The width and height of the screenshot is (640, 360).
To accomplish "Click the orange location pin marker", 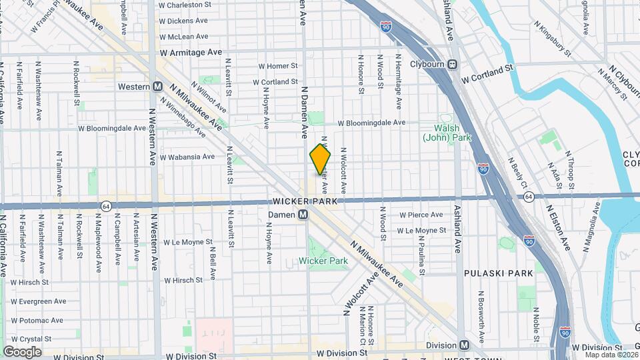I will pos(320,160).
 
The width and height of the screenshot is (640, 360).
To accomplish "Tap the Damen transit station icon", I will pos(303,215).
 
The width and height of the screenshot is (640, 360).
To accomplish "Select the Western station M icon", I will pos(158,86).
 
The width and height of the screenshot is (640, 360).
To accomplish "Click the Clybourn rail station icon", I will pos(452,64).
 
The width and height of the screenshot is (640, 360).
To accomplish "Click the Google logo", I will pos(23,351).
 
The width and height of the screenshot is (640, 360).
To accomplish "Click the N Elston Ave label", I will pos(559,227).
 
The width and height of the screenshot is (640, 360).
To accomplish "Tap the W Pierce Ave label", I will pos(421,215).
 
